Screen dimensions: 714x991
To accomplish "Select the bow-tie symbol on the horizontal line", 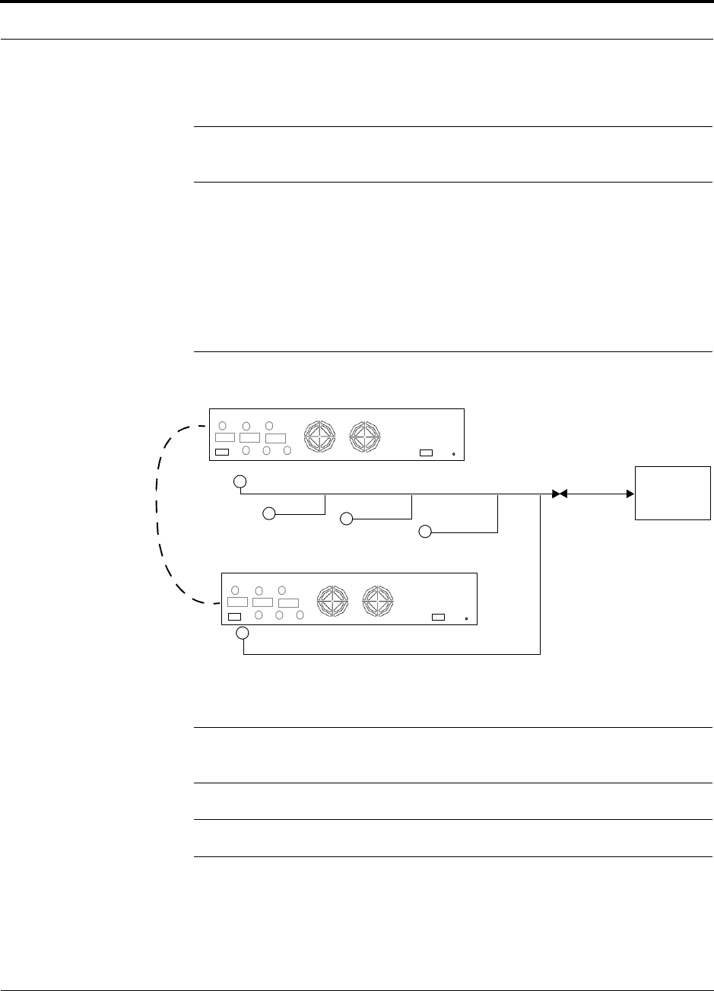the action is tap(560, 494).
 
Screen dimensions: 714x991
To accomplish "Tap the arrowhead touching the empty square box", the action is tap(631, 494).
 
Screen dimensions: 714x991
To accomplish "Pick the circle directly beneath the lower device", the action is tap(242, 634).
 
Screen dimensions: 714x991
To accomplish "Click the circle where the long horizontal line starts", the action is tap(240, 481).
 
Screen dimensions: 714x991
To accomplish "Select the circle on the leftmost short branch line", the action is tap(268, 514).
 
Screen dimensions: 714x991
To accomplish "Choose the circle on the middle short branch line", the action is tap(346, 519).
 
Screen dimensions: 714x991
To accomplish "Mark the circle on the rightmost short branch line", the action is tap(425, 531).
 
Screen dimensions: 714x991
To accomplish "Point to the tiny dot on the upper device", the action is tap(453, 454).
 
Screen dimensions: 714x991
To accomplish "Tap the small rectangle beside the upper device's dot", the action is tap(427, 453).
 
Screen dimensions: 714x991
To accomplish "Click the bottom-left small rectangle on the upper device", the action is tap(221, 453).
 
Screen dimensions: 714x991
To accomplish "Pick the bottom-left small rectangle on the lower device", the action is tap(235, 617).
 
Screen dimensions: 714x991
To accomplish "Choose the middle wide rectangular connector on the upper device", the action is tap(249, 437).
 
